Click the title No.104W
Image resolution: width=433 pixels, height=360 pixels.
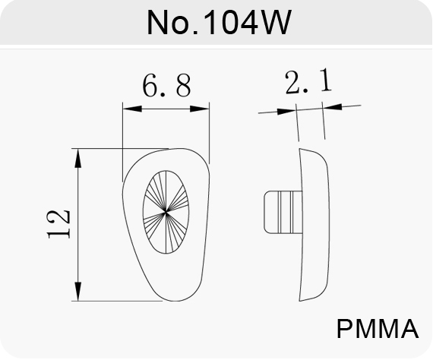click(220, 22)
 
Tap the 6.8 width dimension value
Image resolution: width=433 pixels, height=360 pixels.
click(166, 86)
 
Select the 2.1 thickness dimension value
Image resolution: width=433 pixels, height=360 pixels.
click(308, 81)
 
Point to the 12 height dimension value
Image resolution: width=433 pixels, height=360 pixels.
click(58, 224)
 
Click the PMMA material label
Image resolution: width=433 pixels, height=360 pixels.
click(378, 329)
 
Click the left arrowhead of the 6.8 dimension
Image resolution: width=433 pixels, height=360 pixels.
click(132, 109)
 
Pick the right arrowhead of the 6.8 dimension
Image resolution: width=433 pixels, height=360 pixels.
click(200, 109)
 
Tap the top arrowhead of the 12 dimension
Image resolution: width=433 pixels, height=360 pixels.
click(78, 158)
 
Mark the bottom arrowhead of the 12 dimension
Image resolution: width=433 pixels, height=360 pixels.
click(78, 292)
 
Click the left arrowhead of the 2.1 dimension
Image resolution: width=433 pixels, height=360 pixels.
click(286, 112)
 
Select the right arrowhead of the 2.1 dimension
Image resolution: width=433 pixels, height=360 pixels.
click(332, 106)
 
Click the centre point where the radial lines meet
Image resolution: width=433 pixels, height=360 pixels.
click(166, 212)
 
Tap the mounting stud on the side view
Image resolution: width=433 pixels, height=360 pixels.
click(283, 212)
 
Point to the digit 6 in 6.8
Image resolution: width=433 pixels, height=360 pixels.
click(150, 86)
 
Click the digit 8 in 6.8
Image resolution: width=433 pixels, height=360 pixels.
click(183, 86)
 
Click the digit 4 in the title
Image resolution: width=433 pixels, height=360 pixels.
click(247, 22)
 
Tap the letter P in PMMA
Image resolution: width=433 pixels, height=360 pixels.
click(345, 329)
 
